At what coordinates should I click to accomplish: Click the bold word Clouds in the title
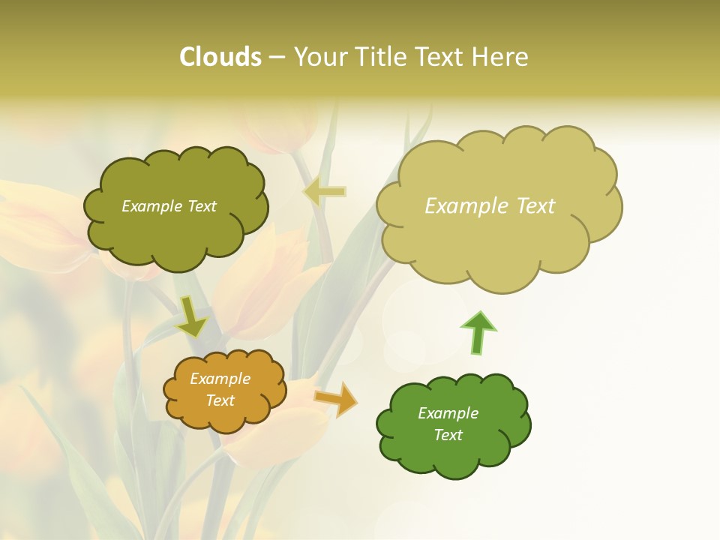tap(220, 57)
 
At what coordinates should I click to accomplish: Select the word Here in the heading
tap(500, 57)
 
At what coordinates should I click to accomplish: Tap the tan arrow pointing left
tap(325, 192)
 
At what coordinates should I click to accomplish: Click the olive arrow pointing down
tap(191, 317)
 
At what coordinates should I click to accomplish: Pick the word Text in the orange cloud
tap(220, 400)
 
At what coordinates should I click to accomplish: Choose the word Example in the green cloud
tap(448, 413)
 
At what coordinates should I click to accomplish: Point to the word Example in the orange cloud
tap(220, 379)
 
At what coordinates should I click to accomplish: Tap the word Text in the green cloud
tap(448, 435)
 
